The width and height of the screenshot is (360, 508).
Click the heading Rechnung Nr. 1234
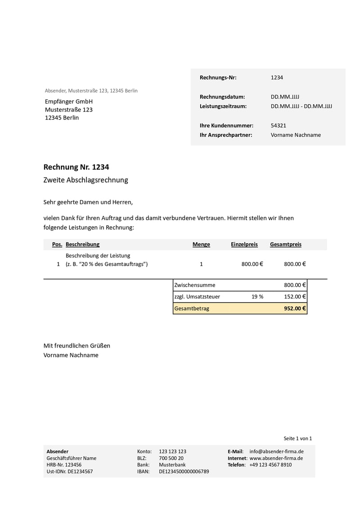(76, 167)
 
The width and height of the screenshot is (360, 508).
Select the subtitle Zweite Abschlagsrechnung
(85, 180)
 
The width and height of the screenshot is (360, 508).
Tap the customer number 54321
(278, 126)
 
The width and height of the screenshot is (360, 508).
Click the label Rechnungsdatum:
(222, 97)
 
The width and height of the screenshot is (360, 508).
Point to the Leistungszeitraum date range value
(301, 106)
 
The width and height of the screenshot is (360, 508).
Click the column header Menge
(201, 245)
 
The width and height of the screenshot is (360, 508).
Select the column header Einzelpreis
(244, 245)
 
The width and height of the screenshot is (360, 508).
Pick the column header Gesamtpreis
(285, 245)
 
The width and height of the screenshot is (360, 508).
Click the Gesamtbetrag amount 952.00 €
(295, 308)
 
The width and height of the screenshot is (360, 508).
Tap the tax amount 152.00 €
(295, 297)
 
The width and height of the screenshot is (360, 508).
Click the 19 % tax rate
(257, 297)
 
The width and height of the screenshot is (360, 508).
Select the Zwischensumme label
(194, 285)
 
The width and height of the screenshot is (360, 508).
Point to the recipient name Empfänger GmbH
(68, 101)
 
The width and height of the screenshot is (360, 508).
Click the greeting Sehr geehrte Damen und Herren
(88, 202)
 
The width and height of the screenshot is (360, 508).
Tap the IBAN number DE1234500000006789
(184, 472)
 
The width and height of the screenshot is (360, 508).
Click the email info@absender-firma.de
(276, 451)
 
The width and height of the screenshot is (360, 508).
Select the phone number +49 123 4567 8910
(270, 465)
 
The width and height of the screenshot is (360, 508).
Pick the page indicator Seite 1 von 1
(297, 438)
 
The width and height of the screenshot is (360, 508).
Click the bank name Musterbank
(172, 465)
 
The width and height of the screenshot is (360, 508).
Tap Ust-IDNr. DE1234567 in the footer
(69, 472)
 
